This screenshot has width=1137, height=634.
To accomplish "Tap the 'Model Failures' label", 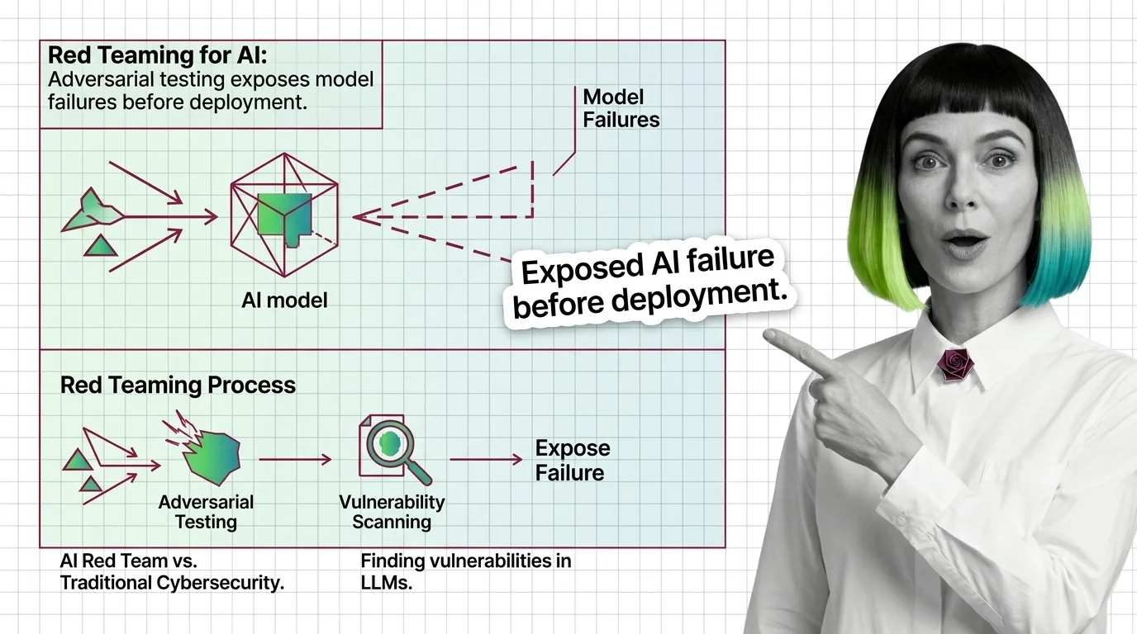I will click(621, 108).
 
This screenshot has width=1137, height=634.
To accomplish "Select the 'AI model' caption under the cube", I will click(284, 300).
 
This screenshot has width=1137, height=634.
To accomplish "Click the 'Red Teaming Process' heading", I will click(178, 386).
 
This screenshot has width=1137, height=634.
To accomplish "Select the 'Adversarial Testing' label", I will click(206, 512).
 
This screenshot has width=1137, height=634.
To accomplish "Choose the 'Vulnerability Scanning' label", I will click(392, 512).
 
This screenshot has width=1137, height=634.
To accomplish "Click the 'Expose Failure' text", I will click(573, 461).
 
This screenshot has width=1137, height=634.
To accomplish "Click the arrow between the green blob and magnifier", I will click(295, 460).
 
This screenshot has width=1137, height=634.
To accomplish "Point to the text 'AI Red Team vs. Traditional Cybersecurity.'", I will click(172, 571).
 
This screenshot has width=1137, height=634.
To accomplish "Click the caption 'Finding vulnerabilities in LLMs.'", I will click(466, 571).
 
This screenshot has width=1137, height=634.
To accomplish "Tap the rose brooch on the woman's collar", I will click(957, 364).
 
